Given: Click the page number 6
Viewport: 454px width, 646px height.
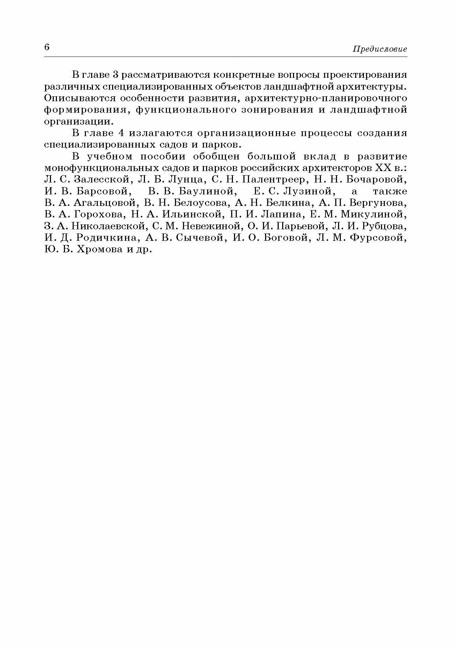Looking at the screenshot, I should coord(47,47).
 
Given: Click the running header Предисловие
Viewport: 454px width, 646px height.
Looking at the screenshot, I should coord(380,49).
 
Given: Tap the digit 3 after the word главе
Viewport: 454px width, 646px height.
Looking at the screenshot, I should coord(116,75).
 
